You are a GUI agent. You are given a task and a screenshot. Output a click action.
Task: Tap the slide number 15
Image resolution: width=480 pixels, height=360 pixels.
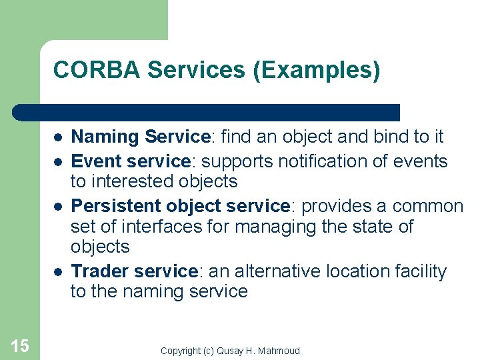point(20,345)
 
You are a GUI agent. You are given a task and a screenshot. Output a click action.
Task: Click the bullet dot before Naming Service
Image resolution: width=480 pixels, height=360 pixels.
point(59,137)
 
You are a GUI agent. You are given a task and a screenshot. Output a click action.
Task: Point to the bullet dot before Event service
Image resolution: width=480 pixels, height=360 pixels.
point(59,162)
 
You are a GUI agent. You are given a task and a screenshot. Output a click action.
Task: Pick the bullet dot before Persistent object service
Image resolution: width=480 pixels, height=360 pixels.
point(59,207)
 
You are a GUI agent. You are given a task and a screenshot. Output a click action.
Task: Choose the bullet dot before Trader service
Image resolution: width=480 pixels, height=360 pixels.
point(59,272)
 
